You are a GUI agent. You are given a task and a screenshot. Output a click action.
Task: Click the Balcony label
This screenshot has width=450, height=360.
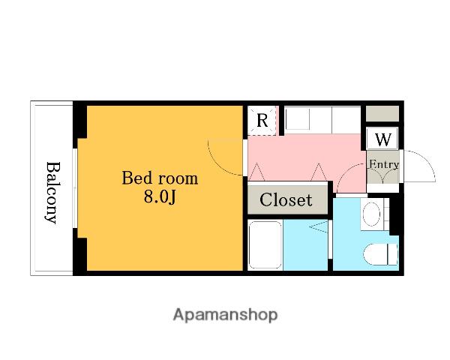tap(53, 193)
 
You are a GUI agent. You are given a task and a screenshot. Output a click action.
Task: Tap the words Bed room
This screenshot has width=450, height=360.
tap(160, 178)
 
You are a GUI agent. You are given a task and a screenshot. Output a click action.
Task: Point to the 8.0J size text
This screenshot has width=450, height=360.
tap(160, 197)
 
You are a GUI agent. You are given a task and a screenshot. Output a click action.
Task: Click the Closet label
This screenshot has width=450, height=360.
tap(286, 199)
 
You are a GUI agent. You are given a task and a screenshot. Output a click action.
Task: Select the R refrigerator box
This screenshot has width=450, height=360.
tap(262, 121)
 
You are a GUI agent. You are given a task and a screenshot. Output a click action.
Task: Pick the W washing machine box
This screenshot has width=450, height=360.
tap(382, 139)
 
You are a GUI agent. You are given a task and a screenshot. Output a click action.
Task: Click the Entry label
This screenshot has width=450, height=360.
tap(384, 164)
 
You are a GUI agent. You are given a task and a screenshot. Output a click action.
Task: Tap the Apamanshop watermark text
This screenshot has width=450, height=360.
tap(225, 315)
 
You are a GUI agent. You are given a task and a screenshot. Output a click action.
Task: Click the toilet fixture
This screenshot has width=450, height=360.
tap(380, 254)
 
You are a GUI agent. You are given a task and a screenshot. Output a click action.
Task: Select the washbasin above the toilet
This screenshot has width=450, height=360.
tap(372, 214)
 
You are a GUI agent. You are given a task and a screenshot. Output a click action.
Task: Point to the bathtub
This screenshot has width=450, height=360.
tap(265, 244)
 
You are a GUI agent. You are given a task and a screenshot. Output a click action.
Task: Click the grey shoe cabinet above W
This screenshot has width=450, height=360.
tap(382, 113)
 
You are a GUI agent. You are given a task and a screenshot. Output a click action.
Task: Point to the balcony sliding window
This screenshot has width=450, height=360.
tap(74, 188)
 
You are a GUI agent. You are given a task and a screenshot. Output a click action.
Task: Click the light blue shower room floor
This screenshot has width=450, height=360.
tap(305, 245)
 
